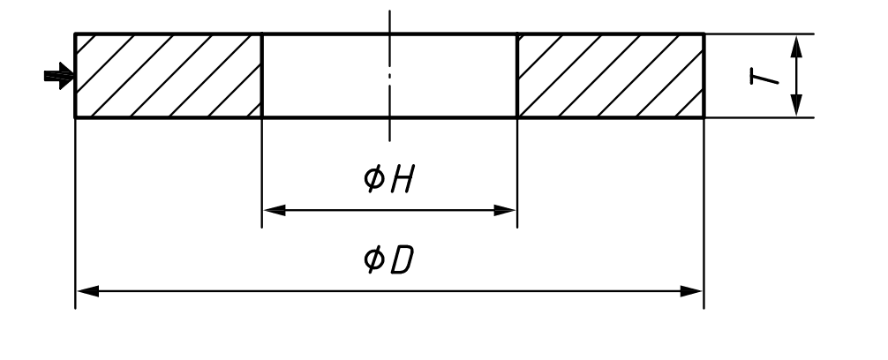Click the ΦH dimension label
[389, 178]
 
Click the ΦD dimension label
[389, 259]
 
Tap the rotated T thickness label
[764, 77]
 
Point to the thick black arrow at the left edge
[59, 76]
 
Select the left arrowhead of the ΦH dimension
[275, 211]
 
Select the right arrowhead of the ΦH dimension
[505, 211]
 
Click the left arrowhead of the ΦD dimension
[87, 291]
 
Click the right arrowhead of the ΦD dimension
[691, 291]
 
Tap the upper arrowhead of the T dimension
[797, 47]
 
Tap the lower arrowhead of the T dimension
[797, 105]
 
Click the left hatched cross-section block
[169, 76]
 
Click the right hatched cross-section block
[611, 76]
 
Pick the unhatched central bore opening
[389, 76]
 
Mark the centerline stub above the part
[389, 21]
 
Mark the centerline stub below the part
[389, 130]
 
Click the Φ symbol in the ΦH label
[373, 178]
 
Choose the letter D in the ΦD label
[403, 260]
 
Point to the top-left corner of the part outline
[75, 34]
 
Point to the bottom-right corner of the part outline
[704, 117]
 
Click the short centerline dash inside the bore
[389, 75]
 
